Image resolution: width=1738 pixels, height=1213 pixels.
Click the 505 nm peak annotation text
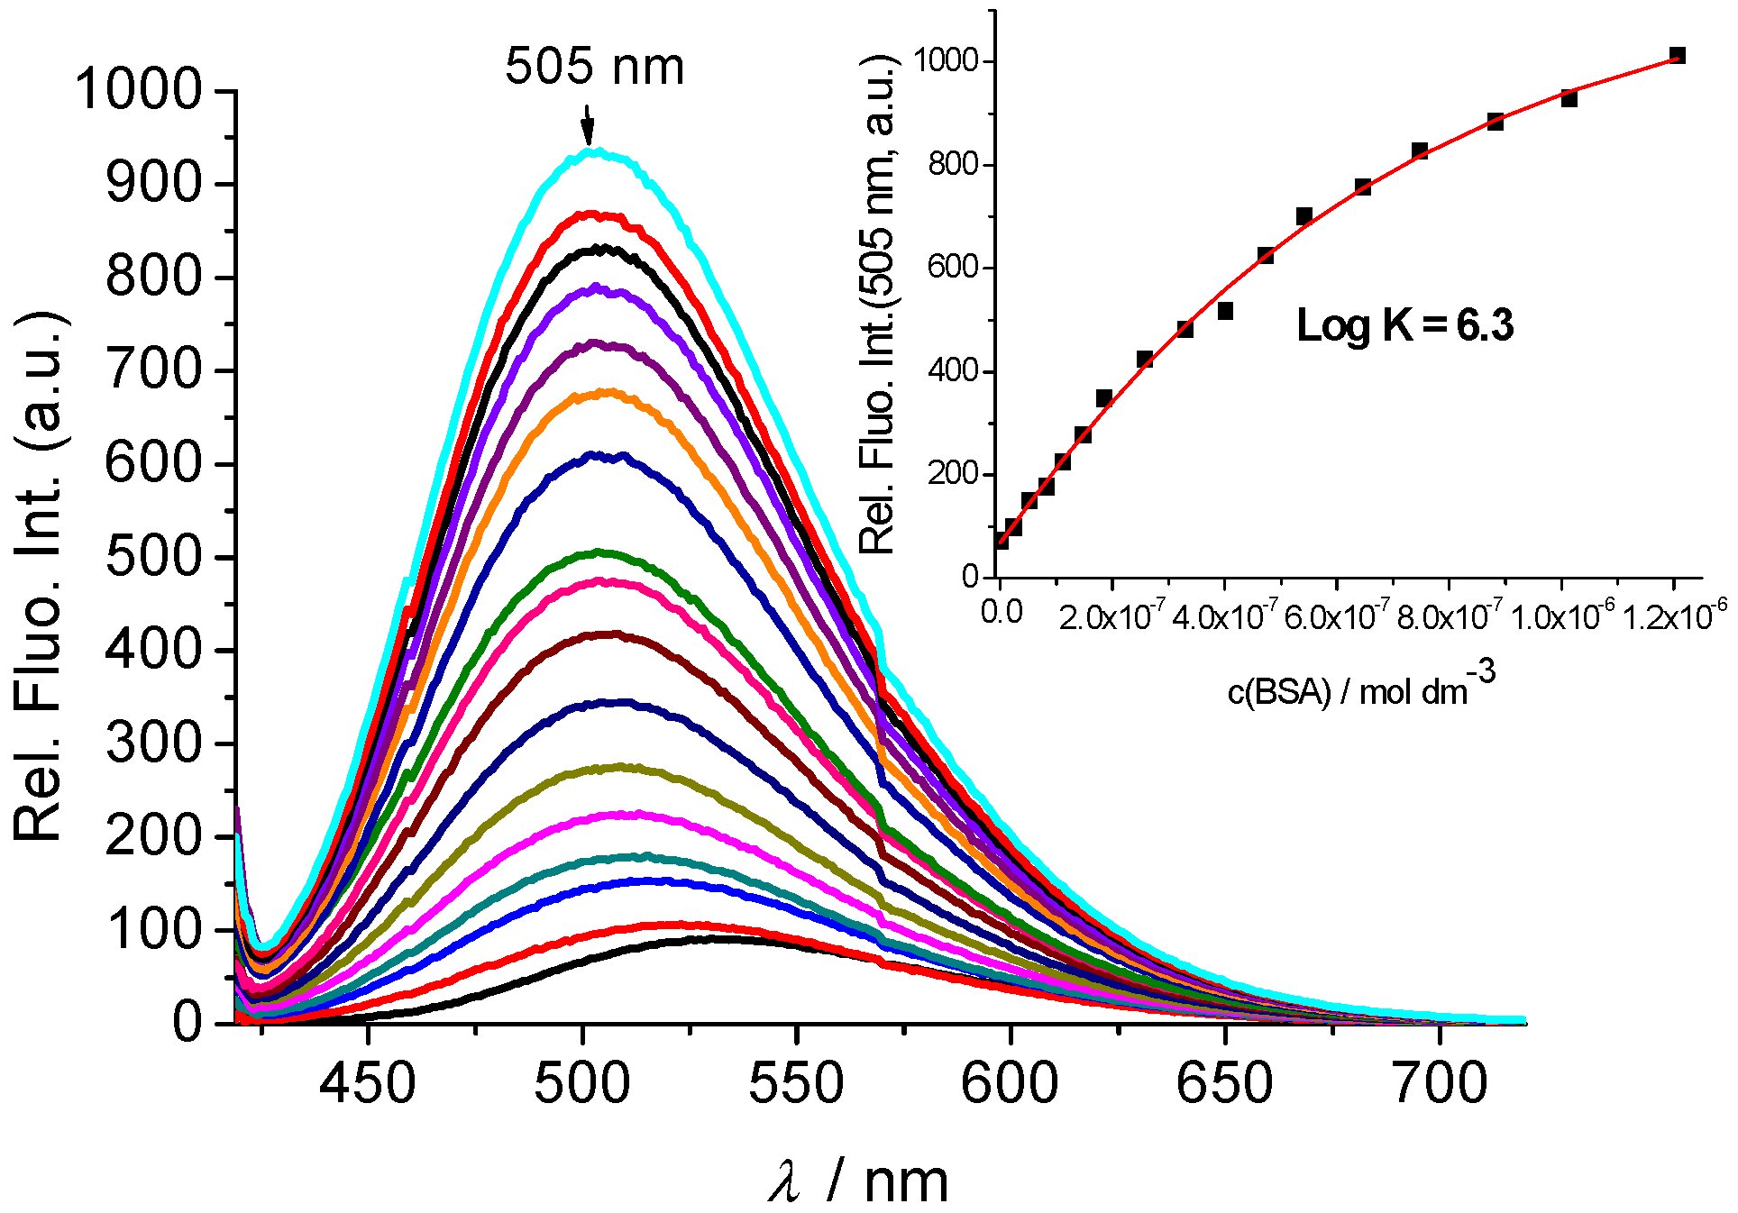click(x=594, y=67)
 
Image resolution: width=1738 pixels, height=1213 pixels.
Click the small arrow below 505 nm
click(x=588, y=127)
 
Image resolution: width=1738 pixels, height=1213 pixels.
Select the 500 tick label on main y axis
click(x=151, y=556)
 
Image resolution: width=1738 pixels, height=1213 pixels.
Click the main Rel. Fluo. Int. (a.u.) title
click(x=38, y=577)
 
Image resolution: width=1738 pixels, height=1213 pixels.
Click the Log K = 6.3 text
click(x=1404, y=325)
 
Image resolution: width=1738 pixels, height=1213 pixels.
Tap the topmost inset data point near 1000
click(x=1677, y=56)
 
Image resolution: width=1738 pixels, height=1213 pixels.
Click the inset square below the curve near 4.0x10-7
click(x=1225, y=311)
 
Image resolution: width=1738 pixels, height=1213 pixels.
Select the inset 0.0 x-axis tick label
click(x=1002, y=613)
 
